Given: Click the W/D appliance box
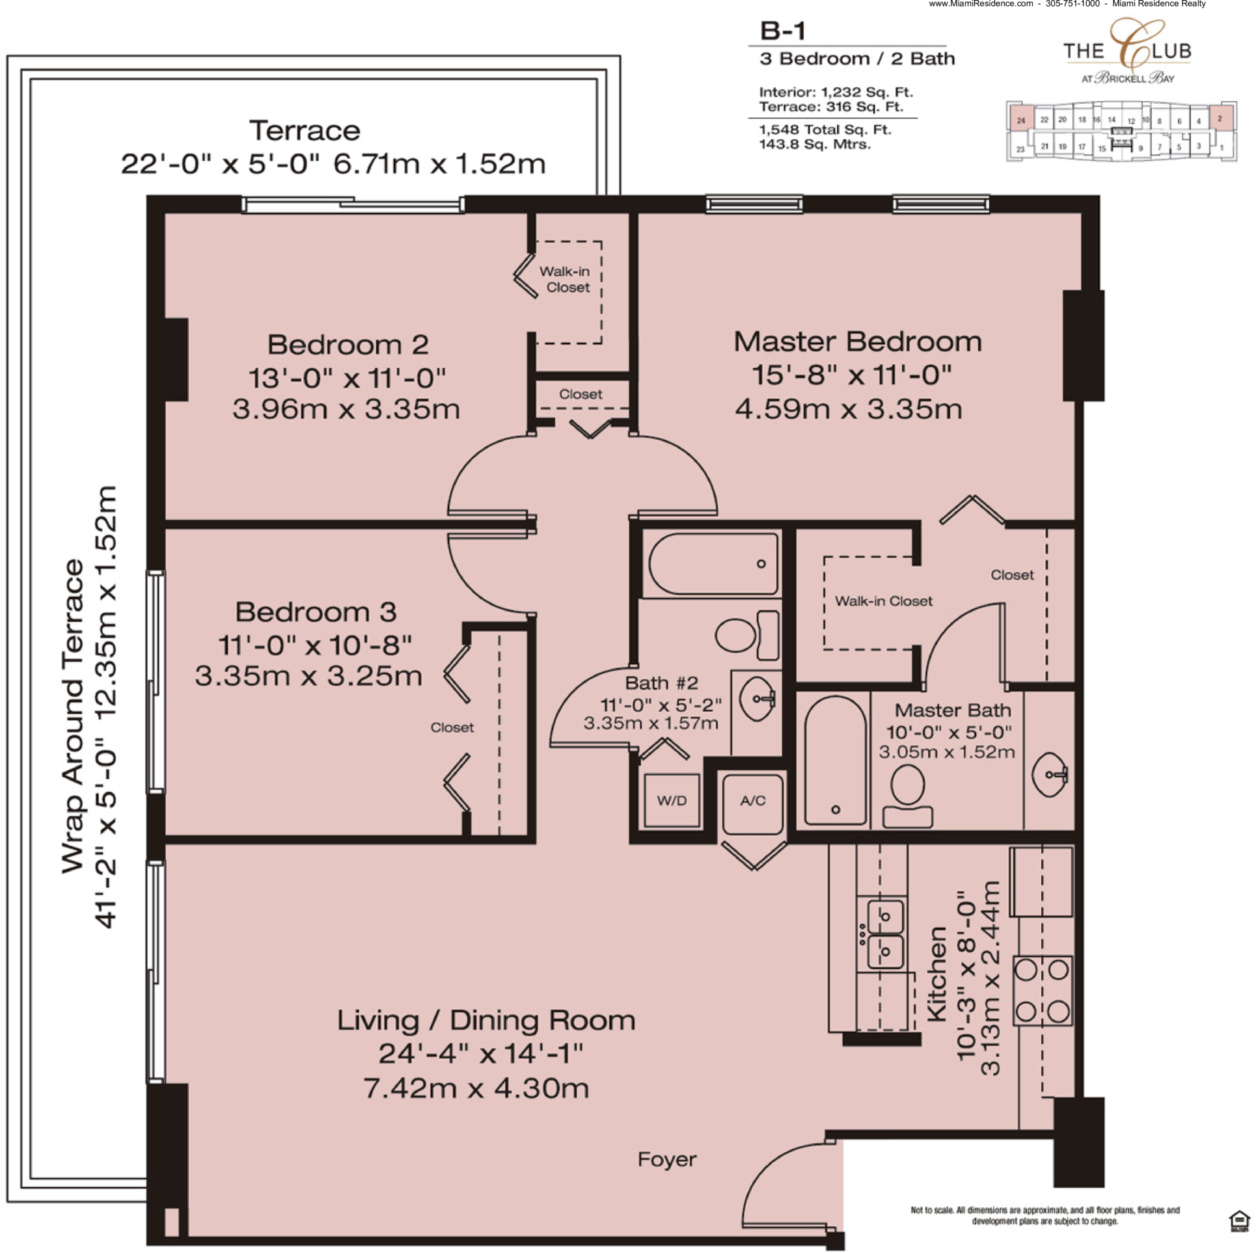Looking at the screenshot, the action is tap(672, 800).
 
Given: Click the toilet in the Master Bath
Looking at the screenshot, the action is tap(908, 797).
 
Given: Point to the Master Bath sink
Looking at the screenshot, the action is tap(1050, 775).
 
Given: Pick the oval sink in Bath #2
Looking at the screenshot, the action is tap(758, 699).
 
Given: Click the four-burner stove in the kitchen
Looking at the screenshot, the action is tap(1042, 990).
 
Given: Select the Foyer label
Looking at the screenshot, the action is tap(667, 1159).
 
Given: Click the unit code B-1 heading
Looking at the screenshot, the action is tap(783, 31).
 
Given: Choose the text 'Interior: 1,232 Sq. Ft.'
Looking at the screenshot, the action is tap(836, 92).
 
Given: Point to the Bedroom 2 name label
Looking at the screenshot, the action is tap(348, 344).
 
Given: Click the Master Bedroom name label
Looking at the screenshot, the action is tap(858, 342).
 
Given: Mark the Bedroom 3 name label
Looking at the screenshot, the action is tap(316, 612).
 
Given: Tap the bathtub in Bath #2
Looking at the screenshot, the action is tap(713, 563).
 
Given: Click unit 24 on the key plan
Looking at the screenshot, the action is tap(1021, 120).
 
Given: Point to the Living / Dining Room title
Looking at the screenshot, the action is tap(485, 1021).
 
